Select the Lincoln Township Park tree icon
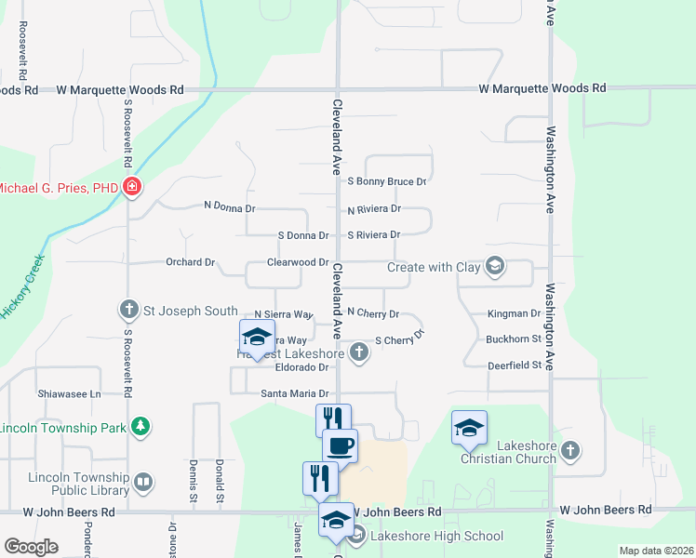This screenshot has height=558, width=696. tap(140, 426)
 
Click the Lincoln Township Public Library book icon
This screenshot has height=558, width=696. tap(142, 482)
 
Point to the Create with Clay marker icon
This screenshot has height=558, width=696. tap(495, 267)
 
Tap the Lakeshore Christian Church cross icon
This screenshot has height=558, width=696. tap(570, 450)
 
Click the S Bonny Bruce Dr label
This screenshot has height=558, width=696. tap(386, 182)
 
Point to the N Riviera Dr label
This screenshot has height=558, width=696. tap(373, 210)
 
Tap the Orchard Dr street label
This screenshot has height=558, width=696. tap(191, 262)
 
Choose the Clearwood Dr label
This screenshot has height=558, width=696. tap(298, 263)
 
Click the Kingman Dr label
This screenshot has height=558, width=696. tap(514, 314)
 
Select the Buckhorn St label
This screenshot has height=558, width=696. tap(514, 339)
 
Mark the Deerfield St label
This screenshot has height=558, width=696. tap(515, 365)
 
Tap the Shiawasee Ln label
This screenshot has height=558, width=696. tap(69, 393)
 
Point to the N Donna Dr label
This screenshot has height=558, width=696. tap(229, 206)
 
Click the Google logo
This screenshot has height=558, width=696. tap(31, 547)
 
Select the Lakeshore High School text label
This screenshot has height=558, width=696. tap(436, 536)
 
